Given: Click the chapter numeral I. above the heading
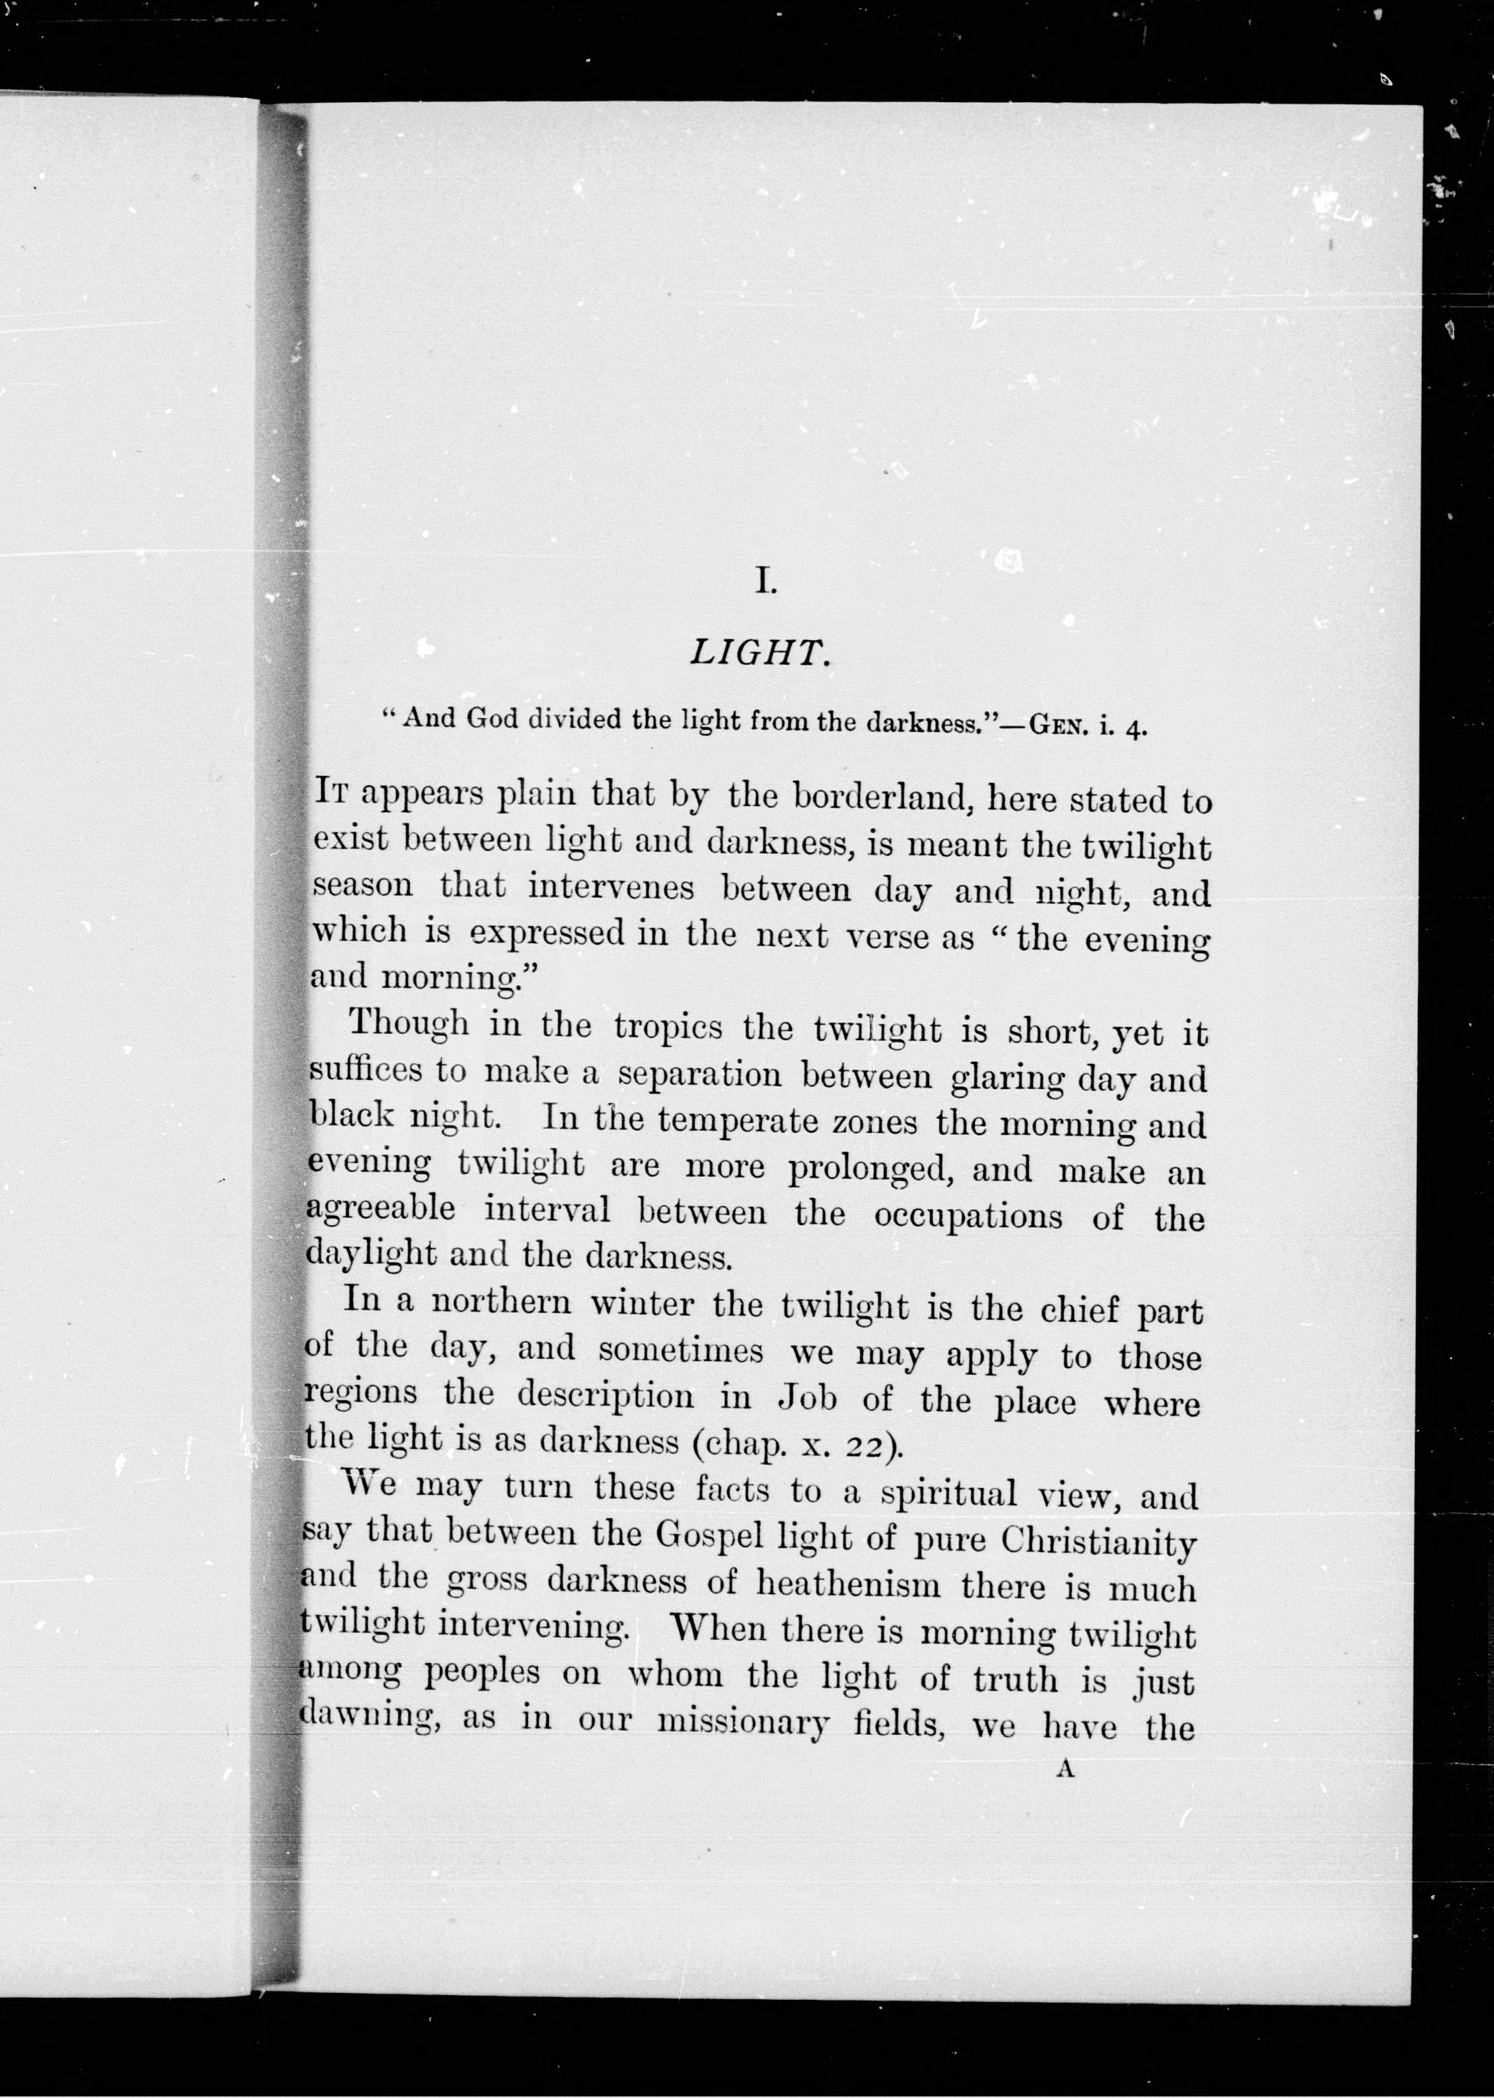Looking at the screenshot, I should pyautogui.click(x=766, y=581).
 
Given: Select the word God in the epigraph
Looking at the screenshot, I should pyautogui.click(x=492, y=719).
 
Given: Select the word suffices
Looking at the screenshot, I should pyautogui.click(x=364, y=1070).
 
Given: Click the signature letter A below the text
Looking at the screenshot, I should pyautogui.click(x=1065, y=1768).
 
